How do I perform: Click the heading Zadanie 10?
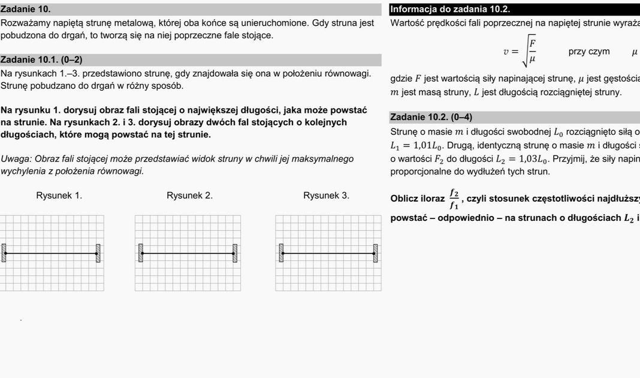point(26,9)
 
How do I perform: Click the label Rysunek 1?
point(59,195)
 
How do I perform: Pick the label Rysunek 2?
point(189,195)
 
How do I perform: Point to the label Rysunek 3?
point(326,195)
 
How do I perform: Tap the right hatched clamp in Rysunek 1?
point(98,253)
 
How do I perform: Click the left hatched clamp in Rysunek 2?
point(140,253)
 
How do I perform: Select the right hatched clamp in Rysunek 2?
point(235,253)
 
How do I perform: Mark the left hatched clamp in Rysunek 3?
point(280,253)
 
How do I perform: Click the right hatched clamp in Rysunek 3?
point(376,253)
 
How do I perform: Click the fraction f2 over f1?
point(454,199)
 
